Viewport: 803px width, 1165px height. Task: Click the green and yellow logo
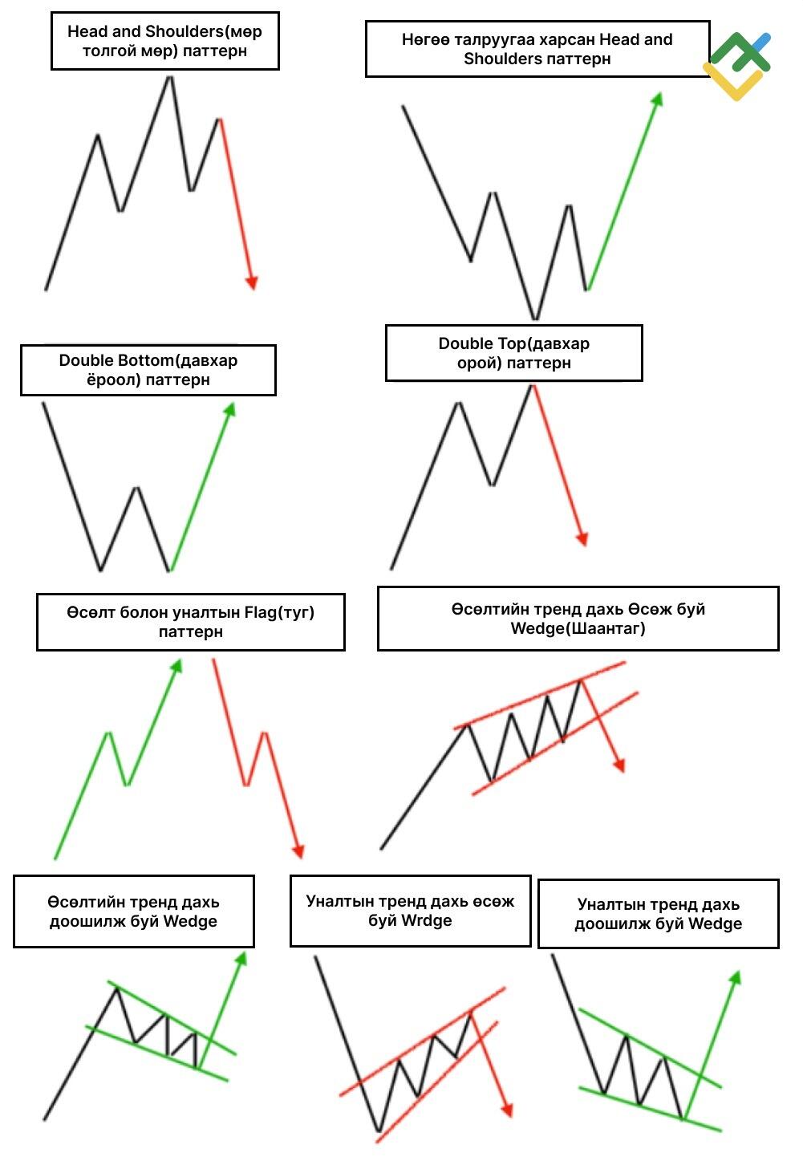pos(736,66)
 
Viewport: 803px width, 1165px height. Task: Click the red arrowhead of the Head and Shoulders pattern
pos(252,282)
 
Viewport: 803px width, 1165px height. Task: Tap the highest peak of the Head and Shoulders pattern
pos(170,78)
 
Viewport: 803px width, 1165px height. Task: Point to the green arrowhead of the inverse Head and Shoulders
pos(657,99)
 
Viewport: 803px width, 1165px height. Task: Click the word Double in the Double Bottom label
pos(88,360)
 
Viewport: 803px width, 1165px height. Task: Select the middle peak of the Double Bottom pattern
pos(137,489)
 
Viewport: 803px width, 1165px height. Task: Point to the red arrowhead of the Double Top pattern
pos(582,539)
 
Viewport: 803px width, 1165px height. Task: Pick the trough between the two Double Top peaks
pos(493,483)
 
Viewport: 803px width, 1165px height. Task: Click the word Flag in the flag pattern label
pos(261,613)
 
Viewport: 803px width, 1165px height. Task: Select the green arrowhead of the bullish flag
pos(177,666)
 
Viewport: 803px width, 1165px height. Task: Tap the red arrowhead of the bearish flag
pos(298,851)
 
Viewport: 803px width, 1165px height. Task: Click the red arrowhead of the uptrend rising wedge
pos(618,765)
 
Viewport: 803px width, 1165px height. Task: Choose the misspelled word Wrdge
pos(427,920)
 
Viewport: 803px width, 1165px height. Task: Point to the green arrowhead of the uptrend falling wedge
pos(241,959)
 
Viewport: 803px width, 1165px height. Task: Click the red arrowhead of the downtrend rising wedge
pos(508,1110)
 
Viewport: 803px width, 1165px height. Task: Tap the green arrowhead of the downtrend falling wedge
pos(736,978)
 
